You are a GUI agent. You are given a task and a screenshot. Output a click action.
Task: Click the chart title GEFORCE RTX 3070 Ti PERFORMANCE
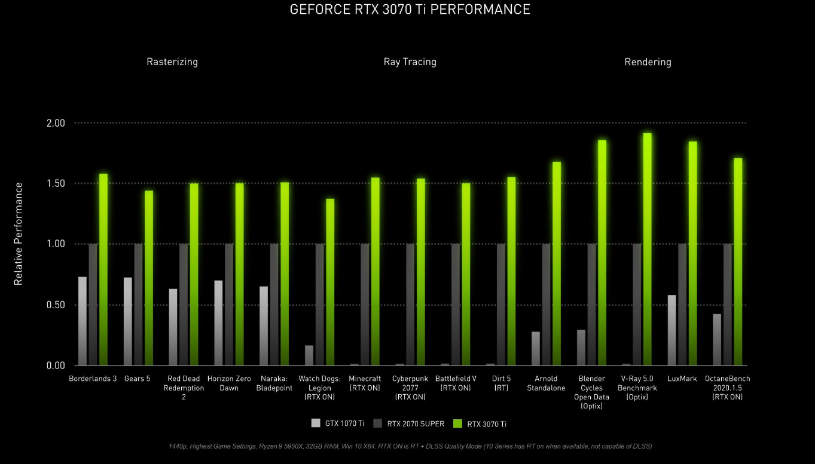(x=410, y=10)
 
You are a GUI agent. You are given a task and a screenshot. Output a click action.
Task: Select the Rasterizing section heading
(x=172, y=62)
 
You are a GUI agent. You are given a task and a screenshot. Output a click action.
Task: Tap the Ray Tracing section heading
(x=410, y=62)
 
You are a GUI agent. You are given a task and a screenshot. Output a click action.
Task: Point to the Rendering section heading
(x=648, y=62)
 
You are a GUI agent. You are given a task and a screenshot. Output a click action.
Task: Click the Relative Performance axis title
(x=19, y=233)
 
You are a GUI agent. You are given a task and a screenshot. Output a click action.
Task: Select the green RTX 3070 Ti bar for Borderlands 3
(x=103, y=269)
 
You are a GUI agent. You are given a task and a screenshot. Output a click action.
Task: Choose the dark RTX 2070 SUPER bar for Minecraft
(x=365, y=305)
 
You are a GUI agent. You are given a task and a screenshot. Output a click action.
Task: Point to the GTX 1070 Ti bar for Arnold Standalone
(x=536, y=349)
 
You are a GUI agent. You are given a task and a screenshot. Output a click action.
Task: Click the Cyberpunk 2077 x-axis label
(x=410, y=388)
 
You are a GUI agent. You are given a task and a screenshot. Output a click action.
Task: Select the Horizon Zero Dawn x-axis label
(x=229, y=383)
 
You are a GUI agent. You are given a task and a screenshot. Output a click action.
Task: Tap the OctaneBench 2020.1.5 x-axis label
(x=727, y=388)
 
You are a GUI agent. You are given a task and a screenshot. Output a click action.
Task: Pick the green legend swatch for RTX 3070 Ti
(x=458, y=424)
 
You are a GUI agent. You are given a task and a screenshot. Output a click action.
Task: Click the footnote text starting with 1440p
(x=410, y=446)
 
